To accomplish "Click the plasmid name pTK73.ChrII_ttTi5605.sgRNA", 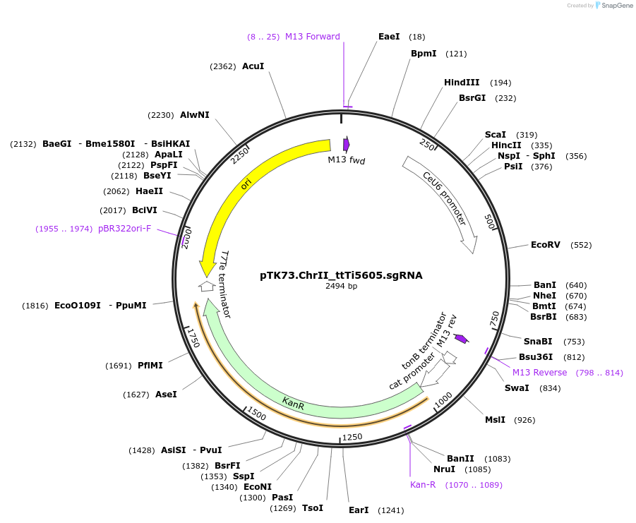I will point(341,275).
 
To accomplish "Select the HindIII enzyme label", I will point(462,83).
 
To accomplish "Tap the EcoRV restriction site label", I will point(546,245).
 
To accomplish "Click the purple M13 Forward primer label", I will point(312,37).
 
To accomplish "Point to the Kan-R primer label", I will point(423,485).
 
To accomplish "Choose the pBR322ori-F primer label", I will point(124,229).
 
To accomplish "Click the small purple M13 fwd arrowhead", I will point(346,145).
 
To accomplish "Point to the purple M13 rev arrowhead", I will point(461,339).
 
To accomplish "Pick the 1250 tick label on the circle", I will point(351,437).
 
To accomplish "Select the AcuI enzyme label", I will point(253,66).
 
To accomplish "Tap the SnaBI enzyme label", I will point(538,342).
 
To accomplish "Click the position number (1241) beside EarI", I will point(392,510).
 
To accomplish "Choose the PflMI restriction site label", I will point(150,366).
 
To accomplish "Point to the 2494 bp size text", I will point(341,287).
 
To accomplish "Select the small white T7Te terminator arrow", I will point(207,286).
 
